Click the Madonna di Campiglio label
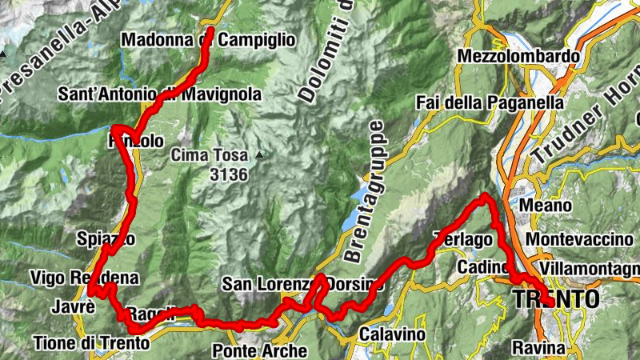[208, 40]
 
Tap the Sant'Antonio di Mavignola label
[160, 94]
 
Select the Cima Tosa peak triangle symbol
[259, 154]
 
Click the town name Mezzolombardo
[518, 57]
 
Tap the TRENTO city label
[554, 299]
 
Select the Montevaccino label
[579, 239]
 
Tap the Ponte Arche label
[260, 350]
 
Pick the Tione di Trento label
[91, 343]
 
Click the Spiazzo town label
[102, 238]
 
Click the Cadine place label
[485, 266]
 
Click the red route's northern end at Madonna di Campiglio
[210, 30]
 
